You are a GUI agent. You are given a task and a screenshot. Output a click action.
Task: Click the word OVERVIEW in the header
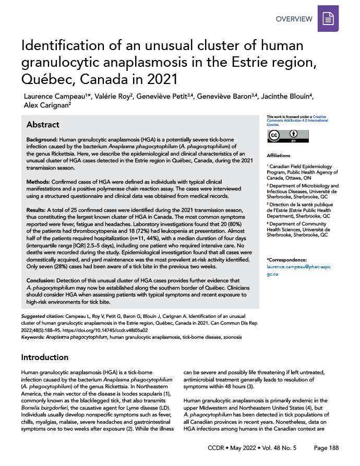[x=294, y=19]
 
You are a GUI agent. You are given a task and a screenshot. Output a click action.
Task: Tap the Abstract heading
[x=43, y=125]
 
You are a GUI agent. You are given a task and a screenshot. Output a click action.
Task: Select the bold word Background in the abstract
[x=43, y=142]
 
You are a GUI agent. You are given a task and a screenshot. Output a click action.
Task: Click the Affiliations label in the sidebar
[x=278, y=156]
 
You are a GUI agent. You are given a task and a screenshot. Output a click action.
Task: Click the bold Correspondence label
[x=286, y=259]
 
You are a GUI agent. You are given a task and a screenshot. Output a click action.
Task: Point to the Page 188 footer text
[x=326, y=448]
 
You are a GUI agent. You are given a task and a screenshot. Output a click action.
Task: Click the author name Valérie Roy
[x=104, y=97]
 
